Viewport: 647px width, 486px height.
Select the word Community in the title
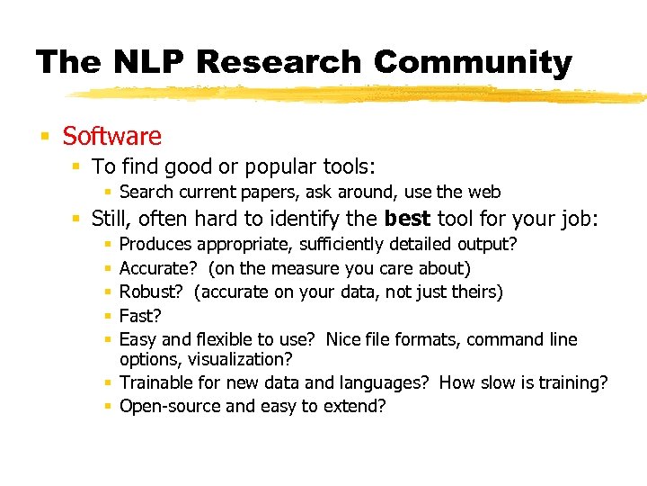coord(472,62)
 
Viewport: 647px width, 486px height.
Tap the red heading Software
coord(111,136)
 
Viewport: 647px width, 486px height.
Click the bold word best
coord(408,218)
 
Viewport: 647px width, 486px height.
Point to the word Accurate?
coord(158,268)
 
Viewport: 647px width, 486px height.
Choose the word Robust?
coord(153,292)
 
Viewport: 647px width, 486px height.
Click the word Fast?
coord(140,316)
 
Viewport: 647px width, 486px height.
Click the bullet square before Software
coord(44,137)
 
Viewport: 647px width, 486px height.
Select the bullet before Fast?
coord(108,316)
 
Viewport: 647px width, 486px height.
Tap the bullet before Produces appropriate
coord(108,244)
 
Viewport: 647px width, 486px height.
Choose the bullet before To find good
coord(79,166)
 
